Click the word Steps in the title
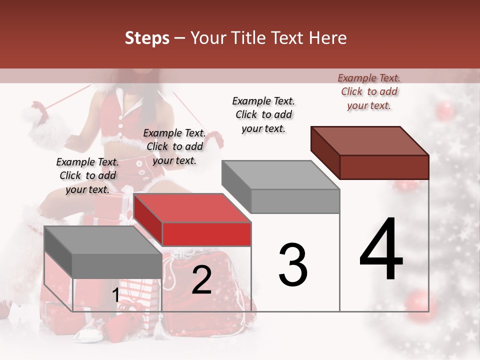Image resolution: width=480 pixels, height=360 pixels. [x=147, y=38]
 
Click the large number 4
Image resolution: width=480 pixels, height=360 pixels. [x=381, y=250]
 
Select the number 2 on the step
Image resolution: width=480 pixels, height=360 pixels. [x=201, y=280]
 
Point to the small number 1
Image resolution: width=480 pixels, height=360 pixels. [x=115, y=295]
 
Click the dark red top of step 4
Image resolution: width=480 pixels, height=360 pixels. [x=370, y=140]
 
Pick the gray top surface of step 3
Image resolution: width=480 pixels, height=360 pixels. [x=280, y=175]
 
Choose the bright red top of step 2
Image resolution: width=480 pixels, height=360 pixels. [x=192, y=208]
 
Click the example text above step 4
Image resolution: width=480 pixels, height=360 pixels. [x=369, y=91]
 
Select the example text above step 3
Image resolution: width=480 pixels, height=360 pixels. [x=264, y=114]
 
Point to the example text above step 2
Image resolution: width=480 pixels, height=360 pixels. [x=174, y=146]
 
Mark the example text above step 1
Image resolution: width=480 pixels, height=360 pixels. [x=87, y=175]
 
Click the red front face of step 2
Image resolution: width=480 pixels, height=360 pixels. [x=206, y=234]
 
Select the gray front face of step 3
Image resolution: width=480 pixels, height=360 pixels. [x=295, y=201]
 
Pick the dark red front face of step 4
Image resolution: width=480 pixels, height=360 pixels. [x=384, y=167]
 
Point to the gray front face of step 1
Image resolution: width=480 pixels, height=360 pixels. [x=117, y=265]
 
